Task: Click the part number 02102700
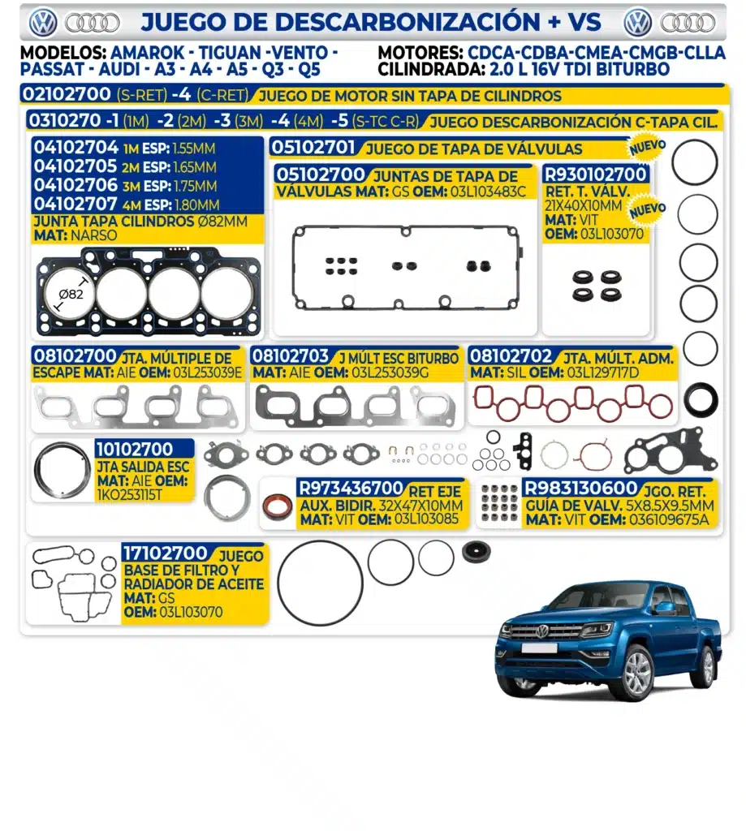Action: (67, 94)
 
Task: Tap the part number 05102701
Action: (313, 147)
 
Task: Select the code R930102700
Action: (596, 174)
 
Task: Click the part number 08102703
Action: (291, 355)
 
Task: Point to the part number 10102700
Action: (135, 450)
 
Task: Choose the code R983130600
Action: (580, 488)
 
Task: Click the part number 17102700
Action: (165, 553)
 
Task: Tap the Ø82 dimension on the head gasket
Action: (71, 294)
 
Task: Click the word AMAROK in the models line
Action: (148, 53)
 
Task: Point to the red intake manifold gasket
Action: (572, 403)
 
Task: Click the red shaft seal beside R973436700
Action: (278, 506)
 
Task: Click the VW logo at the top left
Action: (43, 23)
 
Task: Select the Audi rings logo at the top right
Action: (688, 23)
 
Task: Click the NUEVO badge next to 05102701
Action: (648, 147)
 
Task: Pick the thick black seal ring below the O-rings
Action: (701, 398)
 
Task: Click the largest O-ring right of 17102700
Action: (320, 583)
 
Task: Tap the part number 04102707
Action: (75, 204)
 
